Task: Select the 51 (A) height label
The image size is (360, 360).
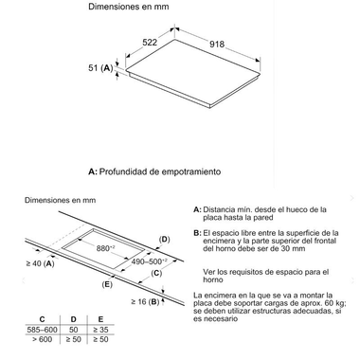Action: point(100,69)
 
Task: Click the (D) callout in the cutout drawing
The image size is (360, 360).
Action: point(164,239)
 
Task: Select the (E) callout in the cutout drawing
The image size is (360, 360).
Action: point(107,284)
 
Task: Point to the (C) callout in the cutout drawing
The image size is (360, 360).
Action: point(157,273)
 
